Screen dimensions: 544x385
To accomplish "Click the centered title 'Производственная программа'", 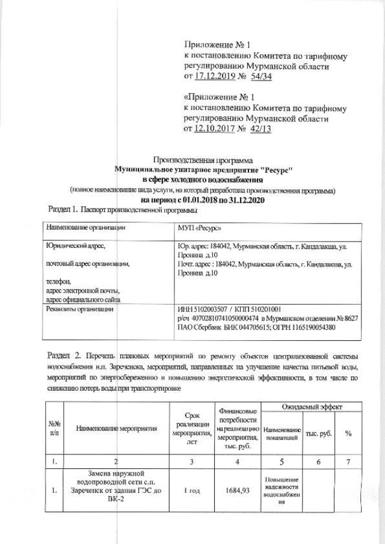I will click(x=204, y=160).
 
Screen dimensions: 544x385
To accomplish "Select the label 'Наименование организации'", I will click(x=85, y=228).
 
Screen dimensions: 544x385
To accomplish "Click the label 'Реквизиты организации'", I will click(x=80, y=310).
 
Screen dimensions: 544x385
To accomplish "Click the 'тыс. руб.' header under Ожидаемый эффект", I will click(x=318, y=433).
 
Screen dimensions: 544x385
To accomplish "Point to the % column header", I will click(x=348, y=433).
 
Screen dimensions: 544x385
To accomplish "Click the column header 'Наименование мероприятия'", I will click(x=117, y=429).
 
